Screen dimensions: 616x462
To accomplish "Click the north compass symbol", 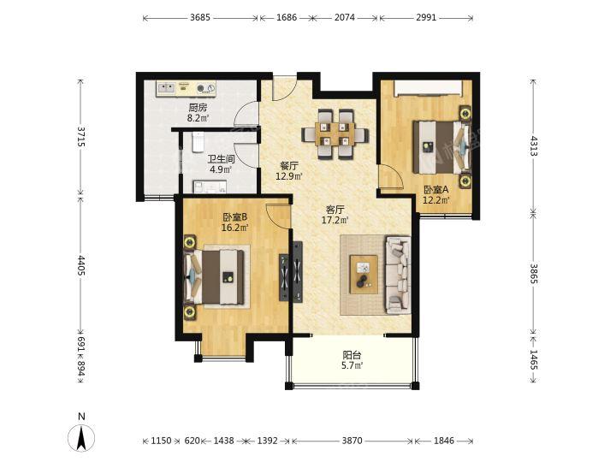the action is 81,437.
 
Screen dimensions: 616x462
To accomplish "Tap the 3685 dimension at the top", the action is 200,18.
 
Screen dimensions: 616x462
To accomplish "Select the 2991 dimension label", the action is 426,18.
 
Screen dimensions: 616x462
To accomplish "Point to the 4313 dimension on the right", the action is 533,145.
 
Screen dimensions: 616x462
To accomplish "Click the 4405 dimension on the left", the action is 81,265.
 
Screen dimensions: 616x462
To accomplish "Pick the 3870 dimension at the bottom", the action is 352,441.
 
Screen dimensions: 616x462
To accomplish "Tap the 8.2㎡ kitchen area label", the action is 198,118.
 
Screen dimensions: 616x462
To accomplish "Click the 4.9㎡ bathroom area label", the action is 221,169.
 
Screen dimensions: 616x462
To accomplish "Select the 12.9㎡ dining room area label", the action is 289,176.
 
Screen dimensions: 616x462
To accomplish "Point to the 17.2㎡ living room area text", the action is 335,220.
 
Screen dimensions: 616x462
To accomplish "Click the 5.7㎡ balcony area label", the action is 352,366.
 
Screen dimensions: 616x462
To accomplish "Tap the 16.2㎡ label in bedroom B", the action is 235,228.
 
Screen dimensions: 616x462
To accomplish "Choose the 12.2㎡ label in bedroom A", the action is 436,200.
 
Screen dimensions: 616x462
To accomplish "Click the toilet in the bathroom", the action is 198,142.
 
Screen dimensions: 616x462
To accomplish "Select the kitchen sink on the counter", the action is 166,88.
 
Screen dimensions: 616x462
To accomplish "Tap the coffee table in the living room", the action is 364,275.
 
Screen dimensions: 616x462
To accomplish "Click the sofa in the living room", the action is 398,275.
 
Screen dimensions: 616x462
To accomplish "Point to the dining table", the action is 335,134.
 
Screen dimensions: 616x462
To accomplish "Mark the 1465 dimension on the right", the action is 533,360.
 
